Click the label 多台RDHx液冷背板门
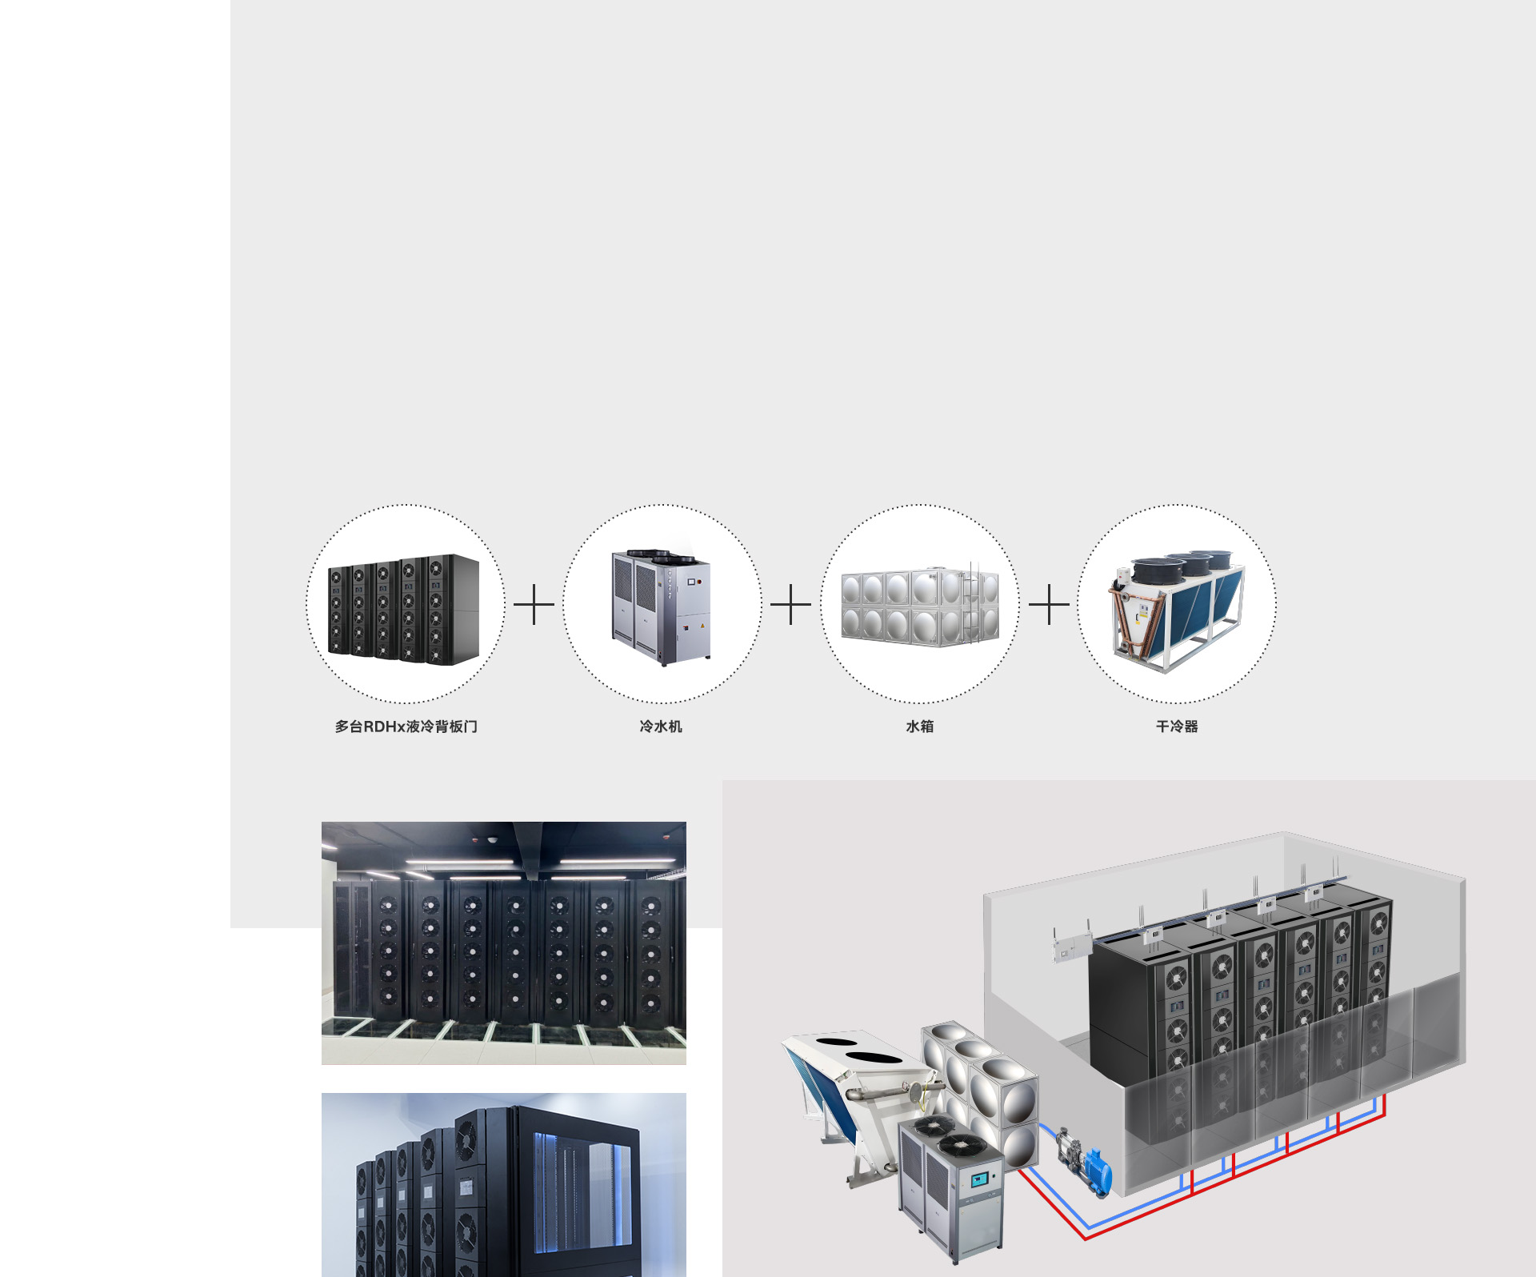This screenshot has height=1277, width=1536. pos(406,727)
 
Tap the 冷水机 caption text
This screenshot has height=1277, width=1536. pos(661,727)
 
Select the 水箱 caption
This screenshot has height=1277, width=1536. pos(919,727)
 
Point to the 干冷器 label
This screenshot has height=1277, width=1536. pos(1177,727)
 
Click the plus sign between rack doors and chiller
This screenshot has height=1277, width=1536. pos(534,604)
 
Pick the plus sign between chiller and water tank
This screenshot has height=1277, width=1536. pos(790,604)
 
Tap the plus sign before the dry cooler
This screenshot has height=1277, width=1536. pos(1049,604)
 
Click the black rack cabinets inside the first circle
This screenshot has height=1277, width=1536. pos(403,610)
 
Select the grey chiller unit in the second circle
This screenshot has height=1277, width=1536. pos(661,608)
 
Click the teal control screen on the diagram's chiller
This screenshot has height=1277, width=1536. pos(981,1179)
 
